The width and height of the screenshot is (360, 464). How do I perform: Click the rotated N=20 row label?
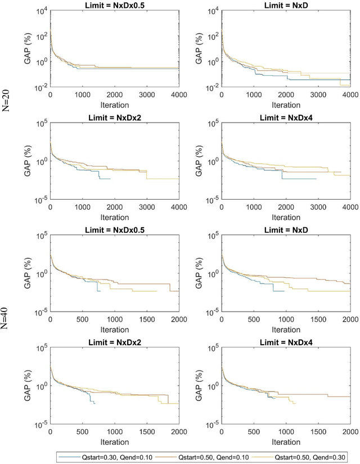point(7,100)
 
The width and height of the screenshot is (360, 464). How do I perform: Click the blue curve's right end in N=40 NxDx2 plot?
point(95,404)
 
